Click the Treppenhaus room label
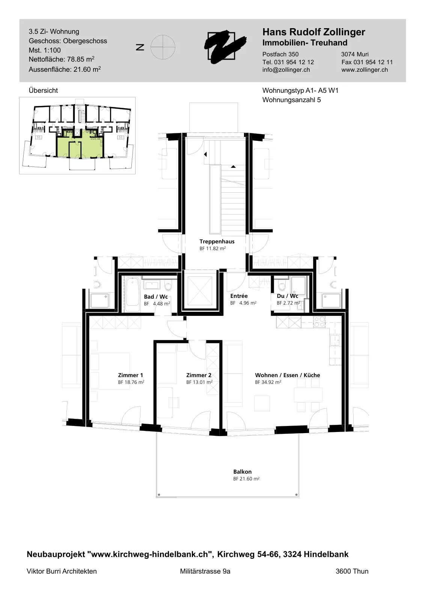point(217,242)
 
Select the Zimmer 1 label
point(130,375)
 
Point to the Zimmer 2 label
point(199,375)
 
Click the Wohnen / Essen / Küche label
point(288,375)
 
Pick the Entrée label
point(239,296)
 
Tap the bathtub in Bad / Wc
point(132,294)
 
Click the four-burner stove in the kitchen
point(320,322)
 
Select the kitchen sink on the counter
point(335,340)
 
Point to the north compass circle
point(163,47)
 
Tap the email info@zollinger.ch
point(286,70)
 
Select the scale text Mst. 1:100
point(45,50)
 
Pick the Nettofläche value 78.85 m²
point(81,59)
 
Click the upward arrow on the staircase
point(233,167)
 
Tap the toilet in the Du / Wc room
point(282,286)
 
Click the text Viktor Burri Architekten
point(62,571)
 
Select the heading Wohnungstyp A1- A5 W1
point(300,91)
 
